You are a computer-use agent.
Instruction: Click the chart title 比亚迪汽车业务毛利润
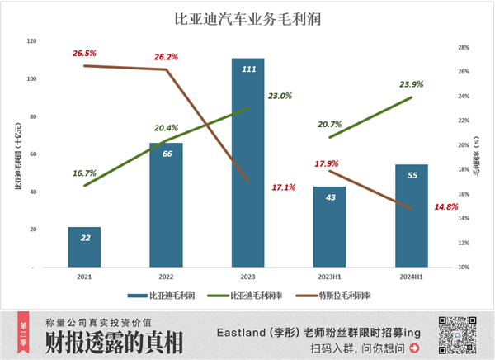click(247, 17)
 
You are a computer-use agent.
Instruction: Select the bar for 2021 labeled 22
click(84, 247)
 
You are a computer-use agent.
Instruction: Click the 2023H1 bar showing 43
click(329, 226)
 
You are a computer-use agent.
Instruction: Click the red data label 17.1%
click(284, 187)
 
